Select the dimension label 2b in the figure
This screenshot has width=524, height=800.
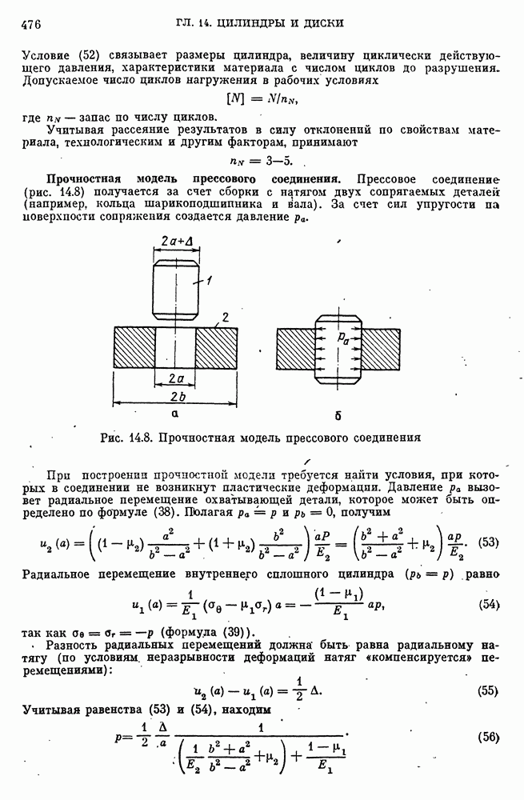177,398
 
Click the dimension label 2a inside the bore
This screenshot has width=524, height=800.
177,376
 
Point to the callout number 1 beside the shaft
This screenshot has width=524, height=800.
207,281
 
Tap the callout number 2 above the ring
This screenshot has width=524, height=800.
227,318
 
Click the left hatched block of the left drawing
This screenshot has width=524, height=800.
135,348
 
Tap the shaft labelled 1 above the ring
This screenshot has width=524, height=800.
175,288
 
